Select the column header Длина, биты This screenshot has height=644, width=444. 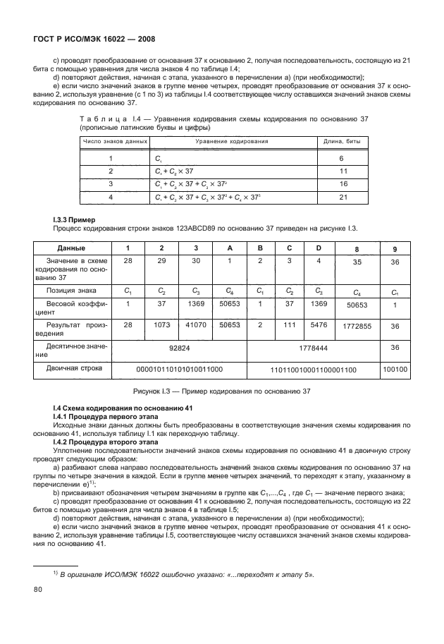342,141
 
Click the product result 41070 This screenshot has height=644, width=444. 194,326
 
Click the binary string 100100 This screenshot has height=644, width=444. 395,368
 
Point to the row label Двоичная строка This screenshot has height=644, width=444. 72,368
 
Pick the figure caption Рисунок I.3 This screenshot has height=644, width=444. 221,391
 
